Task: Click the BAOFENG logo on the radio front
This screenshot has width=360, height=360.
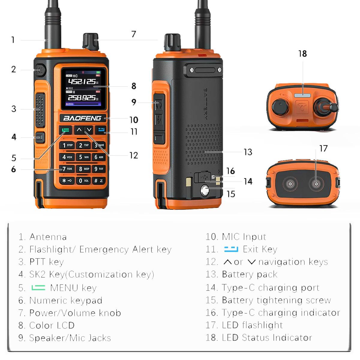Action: click(x=82, y=118)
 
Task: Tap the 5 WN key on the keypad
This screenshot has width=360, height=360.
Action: click(x=83, y=157)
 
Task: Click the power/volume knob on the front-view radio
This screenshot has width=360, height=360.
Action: click(x=90, y=41)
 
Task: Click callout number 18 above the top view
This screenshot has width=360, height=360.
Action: click(x=302, y=54)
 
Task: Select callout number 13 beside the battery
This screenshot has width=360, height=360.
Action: click(x=248, y=152)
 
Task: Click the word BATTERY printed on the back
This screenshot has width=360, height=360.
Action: click(x=205, y=104)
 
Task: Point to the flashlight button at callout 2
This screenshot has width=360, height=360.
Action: click(x=40, y=70)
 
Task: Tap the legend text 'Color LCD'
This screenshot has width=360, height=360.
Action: click(x=52, y=325)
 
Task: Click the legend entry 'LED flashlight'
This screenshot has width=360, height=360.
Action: click(x=252, y=325)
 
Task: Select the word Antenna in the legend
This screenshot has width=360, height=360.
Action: click(x=48, y=237)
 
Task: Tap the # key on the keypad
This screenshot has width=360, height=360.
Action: click(x=99, y=181)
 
